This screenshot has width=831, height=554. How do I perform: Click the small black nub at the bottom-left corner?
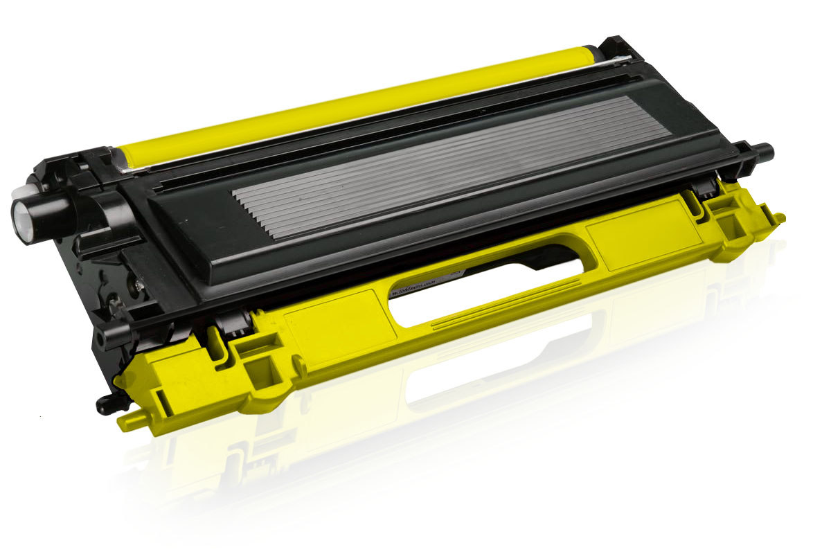tap(105, 404)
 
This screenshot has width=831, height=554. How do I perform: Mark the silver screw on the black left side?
tap(138, 283)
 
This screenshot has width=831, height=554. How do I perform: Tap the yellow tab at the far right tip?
tap(779, 219)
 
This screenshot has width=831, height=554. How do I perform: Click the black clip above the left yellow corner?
tap(232, 323)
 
